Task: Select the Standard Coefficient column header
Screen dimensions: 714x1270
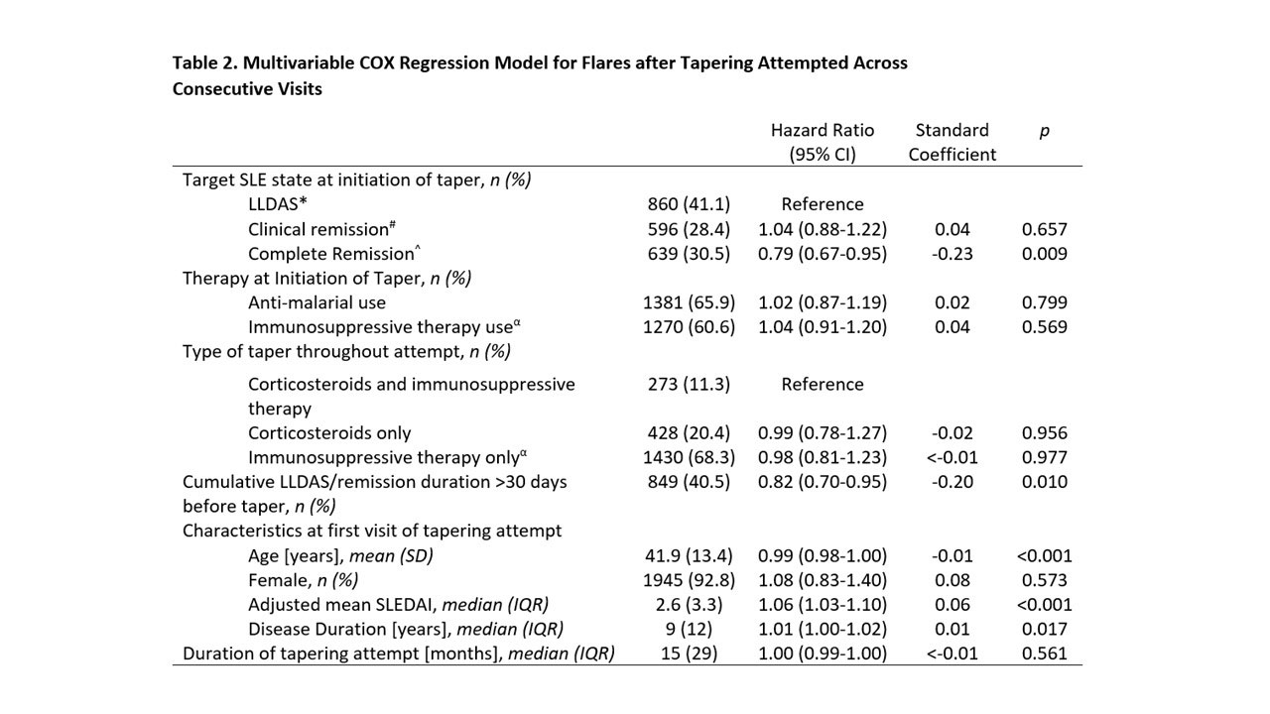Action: [x=952, y=142]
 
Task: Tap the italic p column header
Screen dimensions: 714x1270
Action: [x=1044, y=130]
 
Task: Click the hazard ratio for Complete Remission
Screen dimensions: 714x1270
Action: [x=823, y=253]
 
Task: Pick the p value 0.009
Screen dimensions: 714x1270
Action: [x=1044, y=253]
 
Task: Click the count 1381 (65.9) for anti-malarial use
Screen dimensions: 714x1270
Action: [x=689, y=302]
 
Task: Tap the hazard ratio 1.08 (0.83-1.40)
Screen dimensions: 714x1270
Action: [x=823, y=580]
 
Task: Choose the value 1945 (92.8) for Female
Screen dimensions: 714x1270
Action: [x=689, y=580]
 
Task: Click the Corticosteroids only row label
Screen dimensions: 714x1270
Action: [x=329, y=433]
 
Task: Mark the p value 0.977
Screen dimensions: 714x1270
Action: [x=1044, y=457]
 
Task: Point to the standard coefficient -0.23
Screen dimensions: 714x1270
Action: [x=952, y=253]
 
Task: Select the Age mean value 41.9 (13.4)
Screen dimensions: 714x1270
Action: [x=689, y=555]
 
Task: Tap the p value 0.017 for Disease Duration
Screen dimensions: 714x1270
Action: [x=1044, y=629]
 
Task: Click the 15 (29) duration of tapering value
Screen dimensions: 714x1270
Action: [x=689, y=654]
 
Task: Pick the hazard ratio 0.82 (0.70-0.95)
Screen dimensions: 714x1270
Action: [x=823, y=482]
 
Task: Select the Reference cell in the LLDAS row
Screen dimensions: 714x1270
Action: [x=823, y=204]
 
